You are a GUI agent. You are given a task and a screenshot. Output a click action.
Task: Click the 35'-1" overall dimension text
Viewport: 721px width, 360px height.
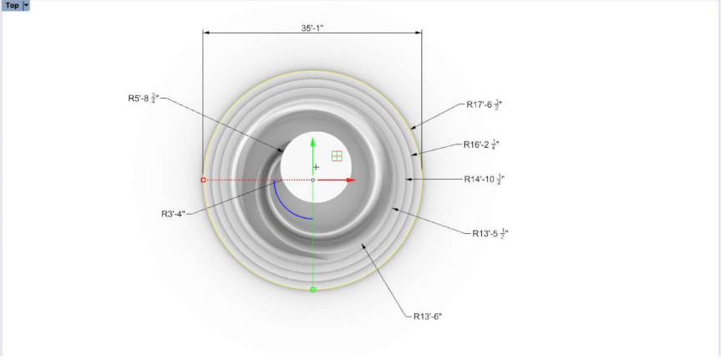[x=312, y=28]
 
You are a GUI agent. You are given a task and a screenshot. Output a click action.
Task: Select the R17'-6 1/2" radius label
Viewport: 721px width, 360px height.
[x=485, y=105]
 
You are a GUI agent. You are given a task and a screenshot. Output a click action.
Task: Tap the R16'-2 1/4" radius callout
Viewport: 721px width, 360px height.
[x=481, y=145]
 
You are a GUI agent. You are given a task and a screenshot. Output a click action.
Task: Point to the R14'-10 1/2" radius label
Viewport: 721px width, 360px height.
[x=485, y=180]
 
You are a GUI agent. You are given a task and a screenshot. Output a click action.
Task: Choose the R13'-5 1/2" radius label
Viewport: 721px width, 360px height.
[x=490, y=233]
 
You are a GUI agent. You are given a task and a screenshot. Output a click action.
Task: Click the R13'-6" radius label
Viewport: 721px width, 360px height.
[x=428, y=317]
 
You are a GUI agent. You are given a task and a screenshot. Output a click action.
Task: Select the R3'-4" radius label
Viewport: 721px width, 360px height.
[x=173, y=214]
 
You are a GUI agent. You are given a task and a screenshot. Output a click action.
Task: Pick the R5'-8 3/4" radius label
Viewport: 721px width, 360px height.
[x=144, y=98]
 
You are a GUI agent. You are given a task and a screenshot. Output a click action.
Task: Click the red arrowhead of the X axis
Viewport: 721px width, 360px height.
[x=351, y=180]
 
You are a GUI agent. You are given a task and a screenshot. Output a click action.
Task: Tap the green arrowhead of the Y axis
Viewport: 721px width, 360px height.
[x=312, y=142]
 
